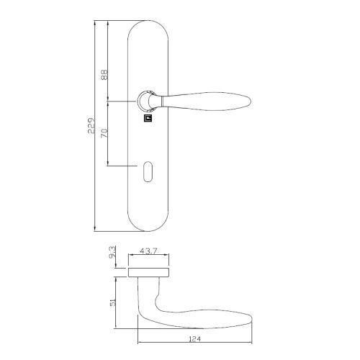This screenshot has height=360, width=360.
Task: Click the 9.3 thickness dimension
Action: [x=113, y=254]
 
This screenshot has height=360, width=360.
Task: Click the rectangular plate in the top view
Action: [x=150, y=271]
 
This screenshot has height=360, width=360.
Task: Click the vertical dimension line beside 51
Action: [x=120, y=302]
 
